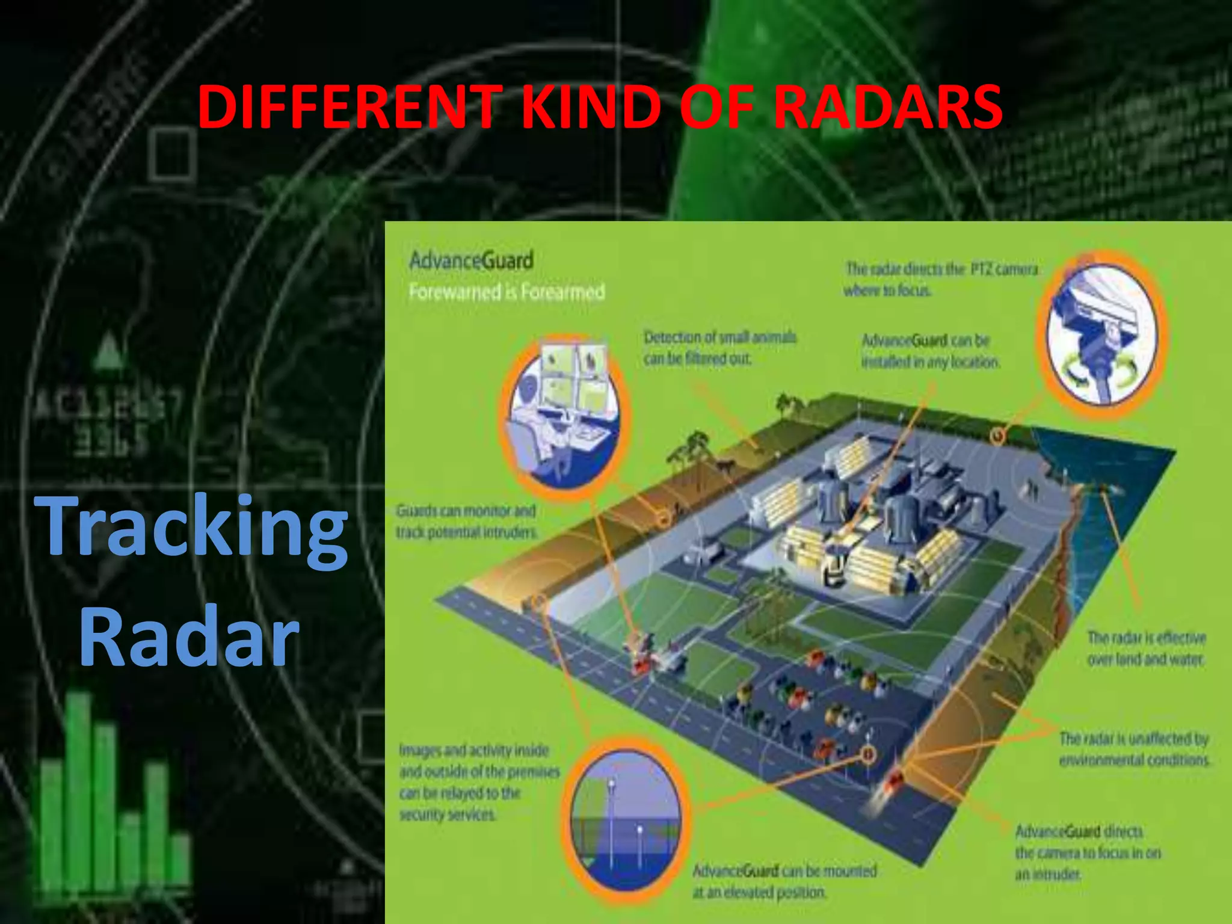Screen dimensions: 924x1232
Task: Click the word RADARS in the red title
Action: pyautogui.click(x=888, y=107)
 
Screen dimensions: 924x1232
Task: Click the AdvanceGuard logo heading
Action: pyautogui.click(x=471, y=261)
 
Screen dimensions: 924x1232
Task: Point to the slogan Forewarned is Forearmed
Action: pyautogui.click(x=507, y=292)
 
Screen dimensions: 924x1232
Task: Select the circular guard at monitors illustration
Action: pyautogui.click(x=563, y=415)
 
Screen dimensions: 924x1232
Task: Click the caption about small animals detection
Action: pyautogui.click(x=719, y=348)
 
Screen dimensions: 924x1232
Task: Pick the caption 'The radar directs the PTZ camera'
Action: pyautogui.click(x=941, y=279)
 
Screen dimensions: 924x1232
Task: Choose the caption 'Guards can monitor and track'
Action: pyautogui.click(x=466, y=521)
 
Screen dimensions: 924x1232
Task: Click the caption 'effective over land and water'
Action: pyautogui.click(x=1146, y=648)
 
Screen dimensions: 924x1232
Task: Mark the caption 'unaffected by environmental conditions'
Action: pyautogui.click(x=1133, y=748)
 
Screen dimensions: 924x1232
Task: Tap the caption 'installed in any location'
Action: pyautogui.click(x=930, y=351)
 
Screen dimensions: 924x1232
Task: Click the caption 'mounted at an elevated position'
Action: pyautogui.click(x=784, y=881)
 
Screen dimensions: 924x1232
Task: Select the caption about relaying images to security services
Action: pyautogui.click(x=479, y=782)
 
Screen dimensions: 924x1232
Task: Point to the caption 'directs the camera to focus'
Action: pyautogui.click(x=1088, y=852)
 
